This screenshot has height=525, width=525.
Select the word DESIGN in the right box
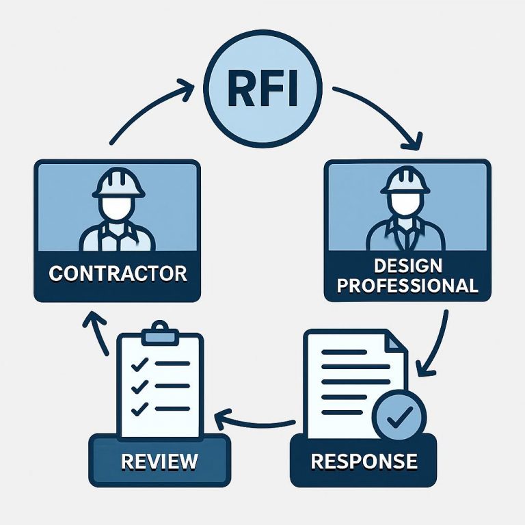pyautogui.click(x=408, y=265)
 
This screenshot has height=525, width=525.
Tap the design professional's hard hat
pyautogui.click(x=405, y=179)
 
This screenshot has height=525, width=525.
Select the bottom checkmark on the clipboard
pyautogui.click(x=139, y=409)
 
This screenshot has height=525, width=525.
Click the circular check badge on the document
pyautogui.click(x=399, y=415)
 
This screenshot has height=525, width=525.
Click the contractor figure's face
pyautogui.click(x=118, y=206)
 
